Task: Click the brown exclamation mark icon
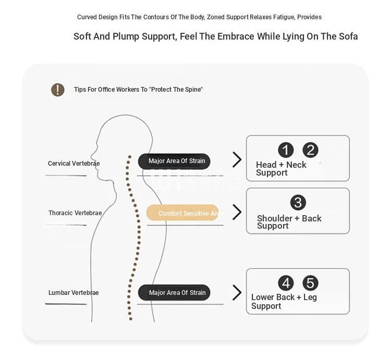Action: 57,90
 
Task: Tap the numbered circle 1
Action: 286,150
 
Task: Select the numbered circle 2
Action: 310,150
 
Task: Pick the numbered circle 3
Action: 298,203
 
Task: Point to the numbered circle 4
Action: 286,283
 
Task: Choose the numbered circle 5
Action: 310,283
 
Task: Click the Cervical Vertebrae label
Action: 74,164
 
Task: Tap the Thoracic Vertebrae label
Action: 75,213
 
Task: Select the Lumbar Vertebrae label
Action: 74,292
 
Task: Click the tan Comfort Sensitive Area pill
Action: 182,213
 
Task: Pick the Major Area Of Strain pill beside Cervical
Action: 174,161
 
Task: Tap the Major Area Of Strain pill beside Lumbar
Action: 174,292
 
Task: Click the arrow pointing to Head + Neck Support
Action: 237,159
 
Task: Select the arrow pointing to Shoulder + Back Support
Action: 237,212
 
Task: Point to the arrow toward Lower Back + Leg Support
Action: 237,292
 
